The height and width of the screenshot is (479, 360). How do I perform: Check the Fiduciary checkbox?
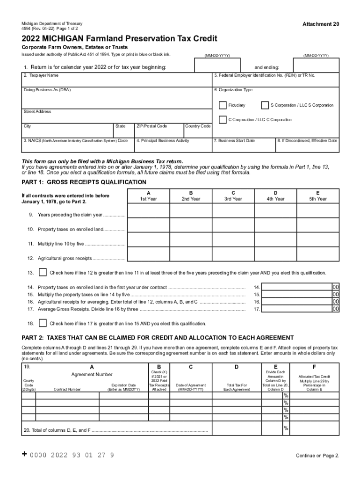(223, 105)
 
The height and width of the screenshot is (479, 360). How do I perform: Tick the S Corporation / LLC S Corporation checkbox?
(265, 105)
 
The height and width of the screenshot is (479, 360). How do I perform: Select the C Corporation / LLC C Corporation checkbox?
(223, 119)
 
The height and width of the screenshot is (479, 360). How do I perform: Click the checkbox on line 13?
(43, 273)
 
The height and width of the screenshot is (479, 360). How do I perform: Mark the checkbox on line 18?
(43, 323)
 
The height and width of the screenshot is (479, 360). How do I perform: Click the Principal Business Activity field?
(173, 147)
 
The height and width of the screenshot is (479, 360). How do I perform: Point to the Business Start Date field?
(243, 147)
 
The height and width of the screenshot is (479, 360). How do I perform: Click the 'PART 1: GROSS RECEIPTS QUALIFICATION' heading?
(84, 182)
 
